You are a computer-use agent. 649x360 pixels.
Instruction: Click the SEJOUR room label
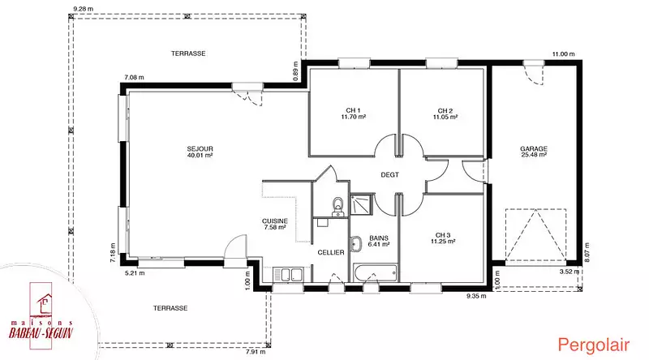coord(200,149)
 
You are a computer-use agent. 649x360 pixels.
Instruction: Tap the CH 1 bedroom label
coord(353,110)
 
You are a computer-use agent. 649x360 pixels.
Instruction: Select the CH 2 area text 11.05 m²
coord(445,117)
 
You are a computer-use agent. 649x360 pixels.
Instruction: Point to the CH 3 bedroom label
coord(442,235)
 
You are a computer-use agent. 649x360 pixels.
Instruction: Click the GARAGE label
coord(534,148)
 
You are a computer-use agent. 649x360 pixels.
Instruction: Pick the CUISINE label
coord(275,221)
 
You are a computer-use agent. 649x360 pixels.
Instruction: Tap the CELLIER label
coord(331,252)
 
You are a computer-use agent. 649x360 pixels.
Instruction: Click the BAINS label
coord(379,238)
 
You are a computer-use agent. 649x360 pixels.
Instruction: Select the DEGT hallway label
coord(390,175)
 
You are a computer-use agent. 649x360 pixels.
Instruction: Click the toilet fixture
coord(338,206)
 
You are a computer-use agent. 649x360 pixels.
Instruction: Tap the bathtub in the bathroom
coord(376,273)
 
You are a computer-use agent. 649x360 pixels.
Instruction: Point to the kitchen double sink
coord(288,275)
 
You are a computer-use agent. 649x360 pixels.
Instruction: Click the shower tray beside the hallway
coord(362,204)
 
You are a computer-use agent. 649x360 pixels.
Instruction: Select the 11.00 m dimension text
coord(564,54)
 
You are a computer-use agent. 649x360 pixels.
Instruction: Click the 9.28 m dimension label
coord(83,9)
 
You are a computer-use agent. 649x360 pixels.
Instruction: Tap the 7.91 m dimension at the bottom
coord(256,352)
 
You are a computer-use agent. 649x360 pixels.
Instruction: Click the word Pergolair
coord(594,345)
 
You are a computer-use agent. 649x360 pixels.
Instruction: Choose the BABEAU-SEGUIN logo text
coord(41,333)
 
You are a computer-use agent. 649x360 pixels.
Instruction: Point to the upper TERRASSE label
coord(188,54)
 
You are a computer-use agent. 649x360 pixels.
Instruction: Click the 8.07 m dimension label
coord(587,251)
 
